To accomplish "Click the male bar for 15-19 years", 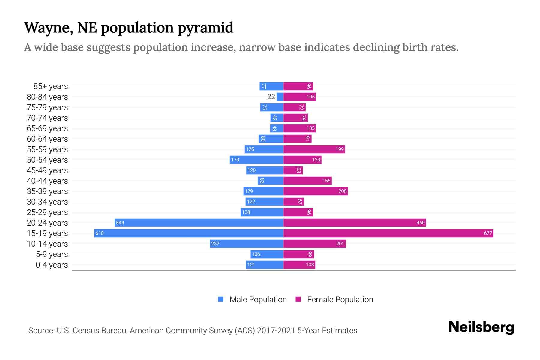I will point(189,233).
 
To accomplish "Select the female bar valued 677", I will point(388,233).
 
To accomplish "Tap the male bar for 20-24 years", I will point(199,223).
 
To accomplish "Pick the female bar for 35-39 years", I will point(316,191).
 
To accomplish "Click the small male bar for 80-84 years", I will point(280,97).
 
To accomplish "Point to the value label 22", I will point(271,97).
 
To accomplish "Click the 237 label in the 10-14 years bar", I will point(215,244).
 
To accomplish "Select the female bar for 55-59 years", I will point(314,149).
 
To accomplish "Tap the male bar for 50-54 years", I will point(256,160).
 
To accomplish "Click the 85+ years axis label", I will point(50,86).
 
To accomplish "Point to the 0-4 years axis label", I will point(52,265).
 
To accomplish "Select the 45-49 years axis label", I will point(47,170).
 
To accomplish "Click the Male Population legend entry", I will point(252,299).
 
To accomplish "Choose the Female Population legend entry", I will point(334,299).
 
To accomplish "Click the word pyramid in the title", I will point(205,28).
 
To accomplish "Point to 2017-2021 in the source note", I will point(276,331).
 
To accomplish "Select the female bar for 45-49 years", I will point(293,170).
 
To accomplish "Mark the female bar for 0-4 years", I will point(299,265).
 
